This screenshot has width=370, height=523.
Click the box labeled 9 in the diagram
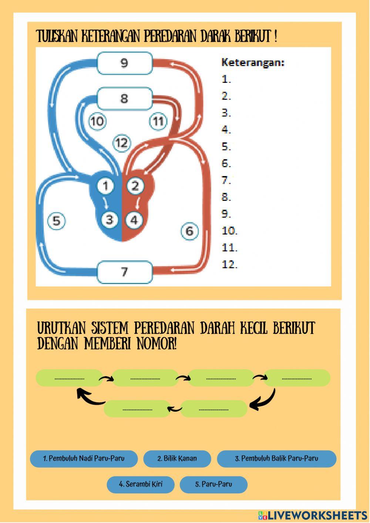pyautogui.click(x=124, y=63)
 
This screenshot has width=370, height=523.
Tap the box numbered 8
pyautogui.click(x=124, y=98)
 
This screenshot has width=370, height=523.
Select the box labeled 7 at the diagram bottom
pyautogui.click(x=124, y=272)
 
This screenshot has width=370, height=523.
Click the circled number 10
pyautogui.click(x=97, y=121)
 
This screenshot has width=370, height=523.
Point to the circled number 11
pyautogui.click(x=158, y=121)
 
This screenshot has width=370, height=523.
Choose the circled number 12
pyautogui.click(x=122, y=142)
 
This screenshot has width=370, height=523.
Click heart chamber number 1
pyautogui.click(x=106, y=186)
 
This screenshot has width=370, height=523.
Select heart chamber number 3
pyautogui.click(x=110, y=220)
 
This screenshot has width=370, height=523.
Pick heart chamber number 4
pyautogui.click(x=134, y=220)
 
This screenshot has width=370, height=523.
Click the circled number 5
pyautogui.click(x=56, y=221)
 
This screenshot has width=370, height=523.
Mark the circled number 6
pyautogui.click(x=189, y=231)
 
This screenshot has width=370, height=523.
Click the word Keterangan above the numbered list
pyautogui.click(x=253, y=63)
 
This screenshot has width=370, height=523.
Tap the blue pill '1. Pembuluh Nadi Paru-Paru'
pyautogui.click(x=84, y=459)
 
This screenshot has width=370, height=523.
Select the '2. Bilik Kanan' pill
pyautogui.click(x=177, y=459)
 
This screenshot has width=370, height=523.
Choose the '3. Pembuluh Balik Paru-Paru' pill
pyautogui.click(x=276, y=459)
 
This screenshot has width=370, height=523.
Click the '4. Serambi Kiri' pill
pyautogui.click(x=141, y=484)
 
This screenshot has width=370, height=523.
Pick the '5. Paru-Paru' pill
pyautogui.click(x=213, y=485)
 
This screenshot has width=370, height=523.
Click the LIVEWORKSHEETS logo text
pyautogui.click(x=317, y=515)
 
